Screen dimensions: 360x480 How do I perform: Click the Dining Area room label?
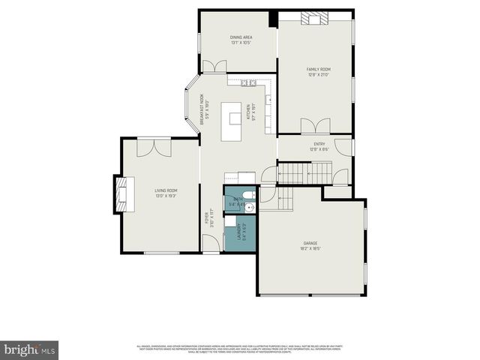pyautogui.click(x=240, y=39)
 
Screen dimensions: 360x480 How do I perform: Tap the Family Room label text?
pyautogui.click(x=318, y=71)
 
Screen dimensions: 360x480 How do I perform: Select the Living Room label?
pyautogui.click(x=166, y=193)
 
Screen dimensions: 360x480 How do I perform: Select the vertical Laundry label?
pyautogui.click(x=238, y=233)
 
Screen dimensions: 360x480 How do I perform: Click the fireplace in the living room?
pyautogui.click(x=121, y=195)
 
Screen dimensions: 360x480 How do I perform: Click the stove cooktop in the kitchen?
pyautogui.click(x=249, y=82)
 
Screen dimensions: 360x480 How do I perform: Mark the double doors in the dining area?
pyautogui.click(x=215, y=67)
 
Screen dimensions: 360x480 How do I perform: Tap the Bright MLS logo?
pyautogui.click(x=29, y=349)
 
